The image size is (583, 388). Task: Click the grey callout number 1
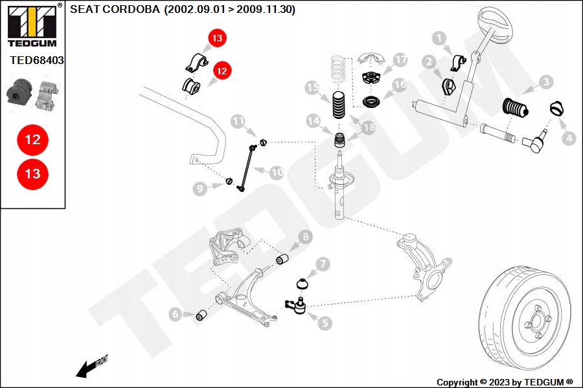click(441, 39)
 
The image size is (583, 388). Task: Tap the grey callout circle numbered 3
click(547, 82)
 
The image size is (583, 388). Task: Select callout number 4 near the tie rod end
click(568, 138)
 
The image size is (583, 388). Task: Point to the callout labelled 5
click(325, 321)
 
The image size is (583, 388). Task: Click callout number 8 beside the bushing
click(304, 239)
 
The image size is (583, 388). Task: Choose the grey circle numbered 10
click(277, 173)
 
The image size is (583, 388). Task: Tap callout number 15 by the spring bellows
click(313, 87)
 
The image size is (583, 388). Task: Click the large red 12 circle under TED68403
click(32, 139)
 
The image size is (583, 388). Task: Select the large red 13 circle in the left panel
click(32, 174)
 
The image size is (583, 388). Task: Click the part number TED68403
click(37, 60)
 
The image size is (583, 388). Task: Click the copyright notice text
click(505, 382)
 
